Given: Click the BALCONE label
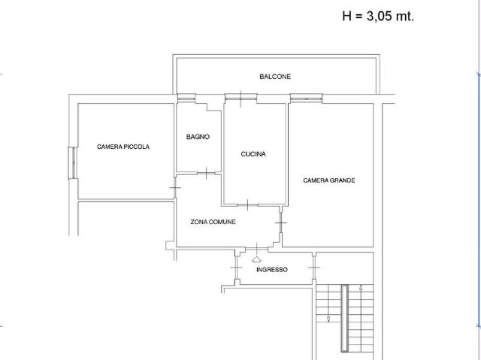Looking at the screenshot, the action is pyautogui.click(x=275, y=77).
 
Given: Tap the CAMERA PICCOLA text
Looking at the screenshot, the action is pyautogui.click(x=123, y=147).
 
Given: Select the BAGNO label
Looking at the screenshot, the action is pyautogui.click(x=198, y=137).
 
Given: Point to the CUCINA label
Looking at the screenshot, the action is pyautogui.click(x=253, y=154).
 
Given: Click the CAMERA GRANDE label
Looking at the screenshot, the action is pyautogui.click(x=329, y=180).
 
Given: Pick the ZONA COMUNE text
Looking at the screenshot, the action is pyautogui.click(x=213, y=222).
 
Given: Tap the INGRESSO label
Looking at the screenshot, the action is pyautogui.click(x=272, y=270).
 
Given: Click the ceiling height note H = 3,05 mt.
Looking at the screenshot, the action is pyautogui.click(x=378, y=16).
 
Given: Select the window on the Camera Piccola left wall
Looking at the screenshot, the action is pyautogui.click(x=72, y=163).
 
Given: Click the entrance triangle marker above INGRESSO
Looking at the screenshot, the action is pyautogui.click(x=256, y=260).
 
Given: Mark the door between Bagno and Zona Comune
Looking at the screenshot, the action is pyautogui.click(x=206, y=174).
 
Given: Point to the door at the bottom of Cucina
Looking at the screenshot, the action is pyautogui.click(x=248, y=204).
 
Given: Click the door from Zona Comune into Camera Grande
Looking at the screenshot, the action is pyautogui.click(x=280, y=222).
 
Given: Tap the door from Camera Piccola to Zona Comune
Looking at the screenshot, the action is pyautogui.click(x=175, y=187).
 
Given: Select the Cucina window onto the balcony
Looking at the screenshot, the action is pyautogui.click(x=240, y=98).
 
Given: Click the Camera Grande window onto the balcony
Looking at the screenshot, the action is pyautogui.click(x=306, y=98).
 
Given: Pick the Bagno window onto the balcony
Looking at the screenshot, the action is pyautogui.click(x=186, y=98).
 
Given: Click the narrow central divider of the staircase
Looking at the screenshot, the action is pyautogui.click(x=345, y=318).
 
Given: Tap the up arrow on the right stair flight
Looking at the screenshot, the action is pyautogui.click(x=361, y=289).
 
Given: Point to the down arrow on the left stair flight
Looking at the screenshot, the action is pyautogui.click(x=328, y=319).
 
